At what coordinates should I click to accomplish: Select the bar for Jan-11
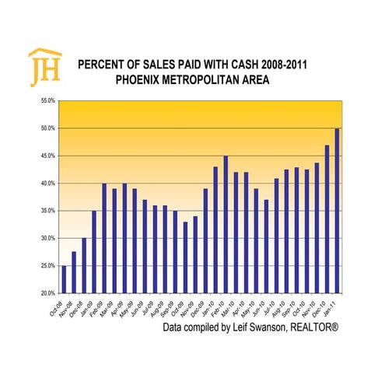[x=337, y=211]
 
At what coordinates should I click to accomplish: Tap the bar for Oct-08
[x=64, y=279]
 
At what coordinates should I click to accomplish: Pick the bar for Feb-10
[x=226, y=225]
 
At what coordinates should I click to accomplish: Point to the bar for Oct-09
[x=185, y=257]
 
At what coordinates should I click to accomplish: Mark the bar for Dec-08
[x=84, y=265]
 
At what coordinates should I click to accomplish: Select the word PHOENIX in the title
[x=142, y=80]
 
